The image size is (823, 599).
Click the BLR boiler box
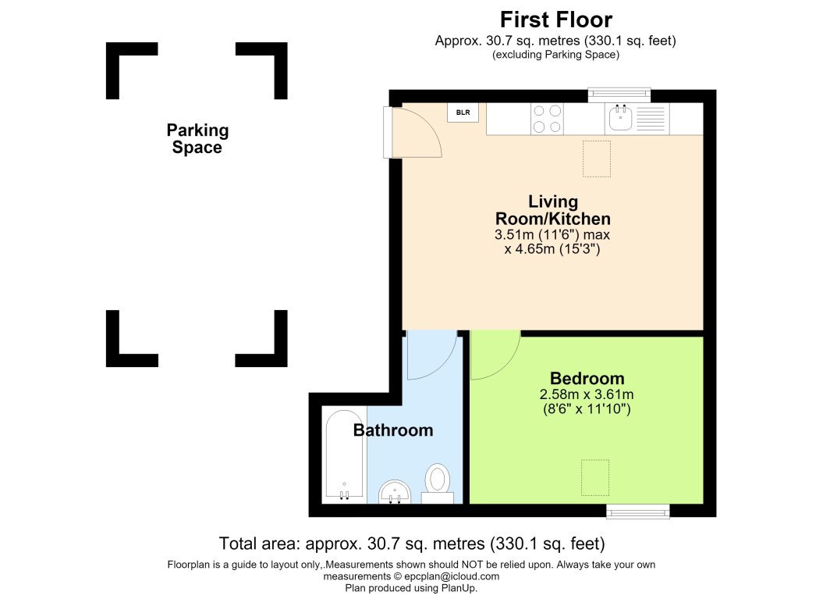point(463,112)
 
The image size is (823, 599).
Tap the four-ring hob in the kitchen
point(547,119)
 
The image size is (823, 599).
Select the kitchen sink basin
point(620,117)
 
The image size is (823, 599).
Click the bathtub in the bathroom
point(344,455)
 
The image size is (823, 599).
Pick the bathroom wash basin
point(395,492)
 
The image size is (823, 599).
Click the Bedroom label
point(587,378)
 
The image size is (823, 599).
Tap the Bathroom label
point(393,430)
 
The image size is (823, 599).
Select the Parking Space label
point(197,139)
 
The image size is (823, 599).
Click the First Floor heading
point(556,20)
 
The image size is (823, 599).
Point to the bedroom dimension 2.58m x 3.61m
point(587,394)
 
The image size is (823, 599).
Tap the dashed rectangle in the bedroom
point(595,477)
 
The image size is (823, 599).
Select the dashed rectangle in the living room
point(597,159)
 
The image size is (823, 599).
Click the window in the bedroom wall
point(637,511)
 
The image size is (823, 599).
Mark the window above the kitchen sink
point(619,94)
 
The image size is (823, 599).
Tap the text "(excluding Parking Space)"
point(556,54)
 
